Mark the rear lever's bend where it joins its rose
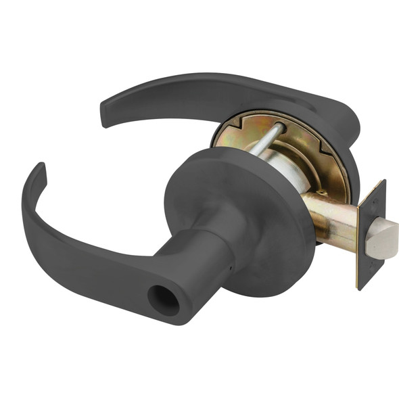point(342,122)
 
